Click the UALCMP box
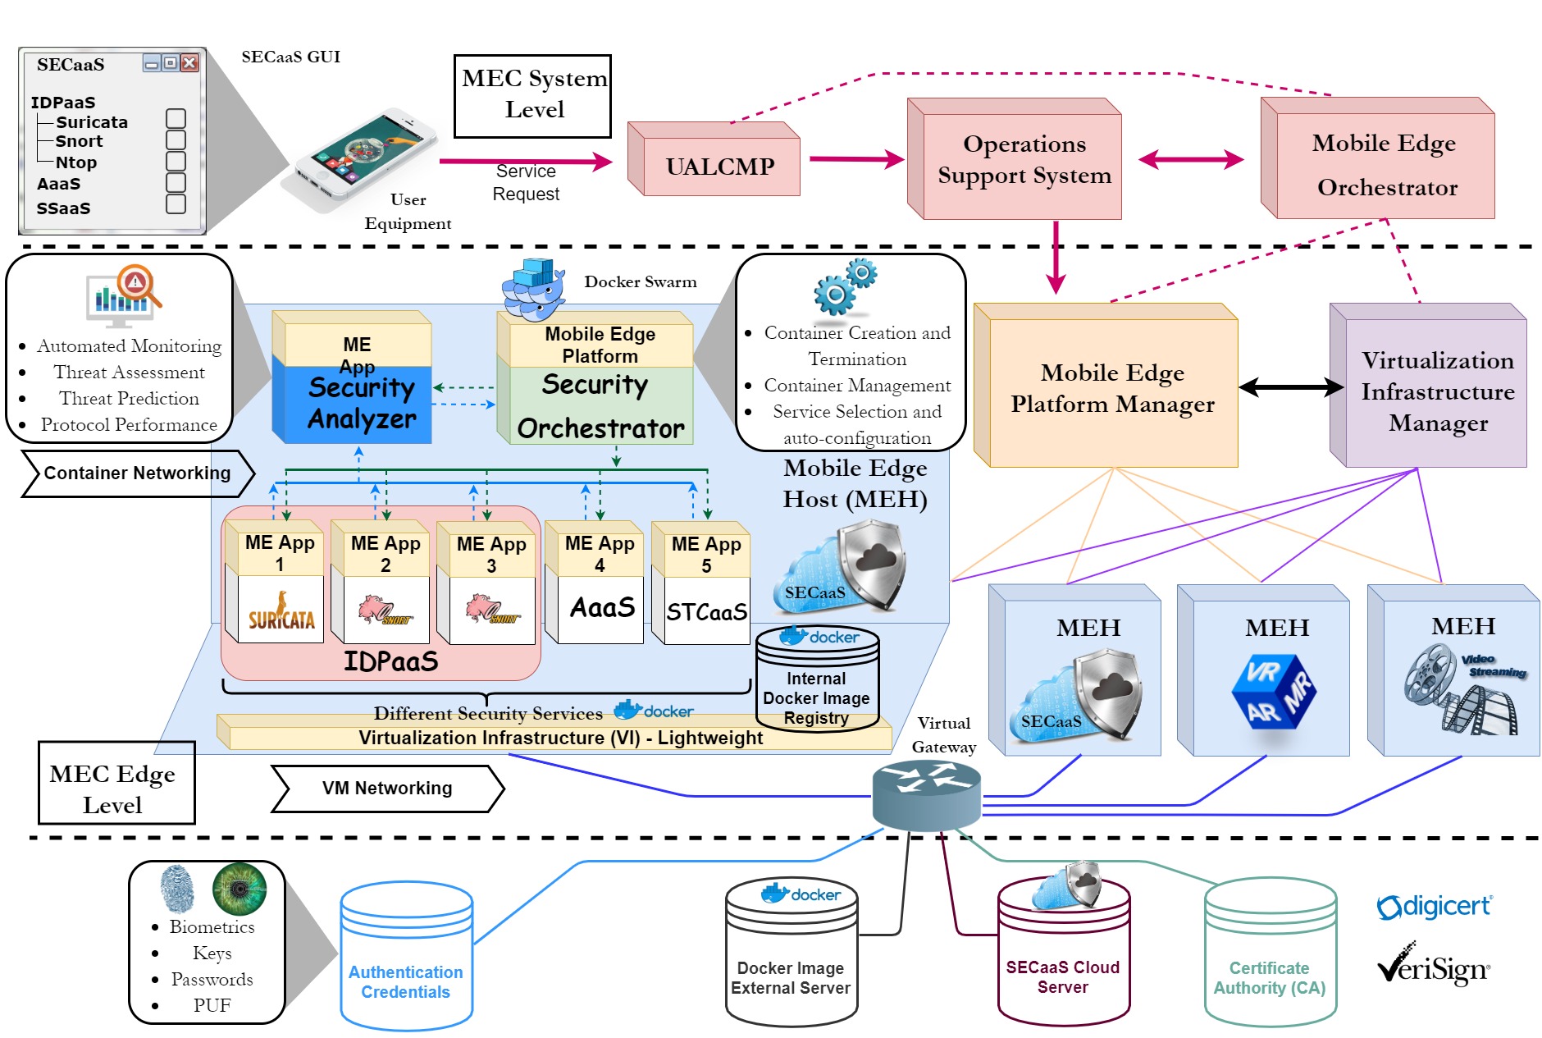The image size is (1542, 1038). tap(720, 167)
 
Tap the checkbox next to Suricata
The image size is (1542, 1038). tap(176, 119)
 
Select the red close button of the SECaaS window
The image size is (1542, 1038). tap(189, 63)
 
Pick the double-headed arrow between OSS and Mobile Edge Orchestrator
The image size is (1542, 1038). tap(1191, 159)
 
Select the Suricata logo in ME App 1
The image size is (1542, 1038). tap(281, 611)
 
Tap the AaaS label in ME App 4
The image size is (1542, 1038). tap(602, 607)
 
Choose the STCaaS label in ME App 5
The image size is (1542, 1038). tap(706, 611)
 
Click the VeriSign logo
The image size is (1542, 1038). tap(1434, 967)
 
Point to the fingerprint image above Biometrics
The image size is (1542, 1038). tap(177, 889)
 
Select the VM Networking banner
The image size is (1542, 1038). tap(387, 789)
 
